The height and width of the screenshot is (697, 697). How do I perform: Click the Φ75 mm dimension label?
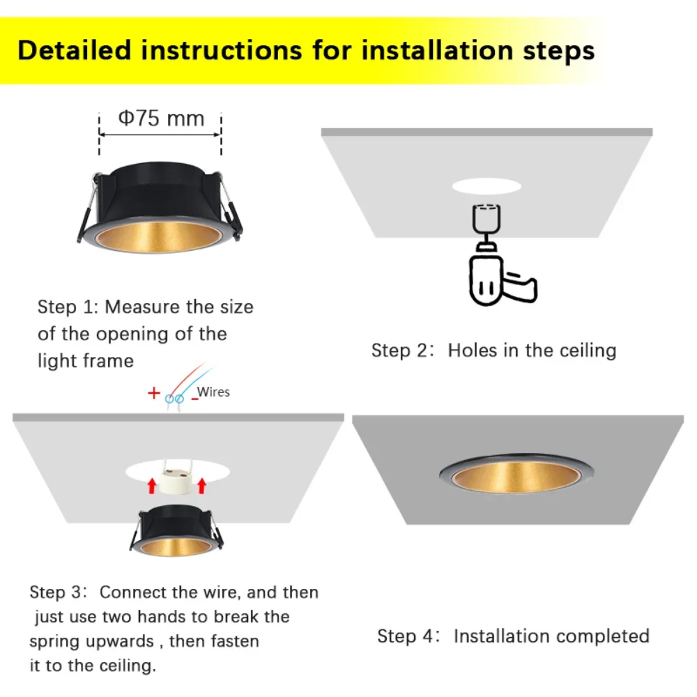(160, 118)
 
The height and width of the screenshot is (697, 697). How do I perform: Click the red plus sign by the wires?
(154, 393)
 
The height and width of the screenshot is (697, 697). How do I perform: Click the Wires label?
(213, 392)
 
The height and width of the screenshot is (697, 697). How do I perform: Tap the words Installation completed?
(551, 636)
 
